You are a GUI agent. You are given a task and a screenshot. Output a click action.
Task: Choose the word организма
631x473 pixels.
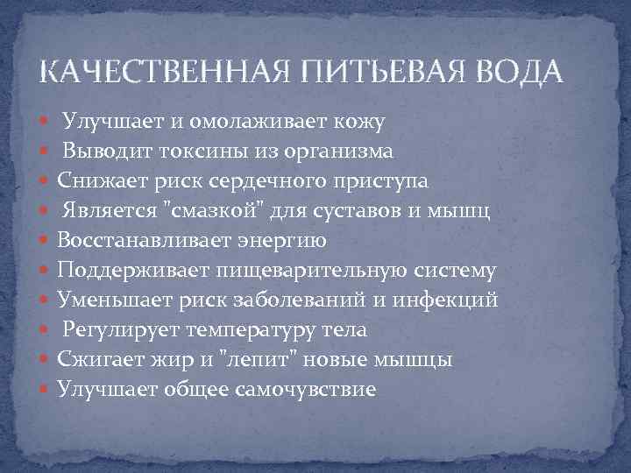(x=338, y=153)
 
